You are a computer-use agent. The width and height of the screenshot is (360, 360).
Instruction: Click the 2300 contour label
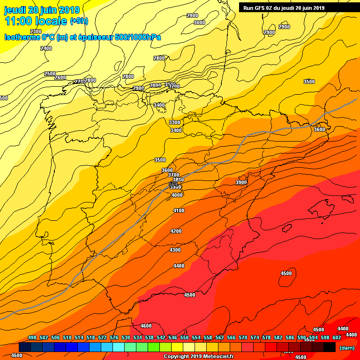[36, 31]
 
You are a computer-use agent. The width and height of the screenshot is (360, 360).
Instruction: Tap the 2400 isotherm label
[46, 48]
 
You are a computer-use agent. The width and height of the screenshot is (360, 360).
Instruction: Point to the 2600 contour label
[60, 77]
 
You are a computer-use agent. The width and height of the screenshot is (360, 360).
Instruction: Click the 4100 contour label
[179, 211]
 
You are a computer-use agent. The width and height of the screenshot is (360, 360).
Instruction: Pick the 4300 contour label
[175, 250]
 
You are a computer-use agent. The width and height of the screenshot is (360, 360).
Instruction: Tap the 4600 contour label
[146, 326]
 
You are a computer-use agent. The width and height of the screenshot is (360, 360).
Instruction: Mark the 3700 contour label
[173, 175]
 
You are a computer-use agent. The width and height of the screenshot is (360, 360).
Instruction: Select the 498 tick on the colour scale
[32, 337]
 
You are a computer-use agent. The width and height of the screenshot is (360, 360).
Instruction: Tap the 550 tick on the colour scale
[184, 337]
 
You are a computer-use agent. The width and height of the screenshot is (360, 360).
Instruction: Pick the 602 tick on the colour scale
[337, 337]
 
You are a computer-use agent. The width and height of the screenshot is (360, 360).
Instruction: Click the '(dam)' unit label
[347, 348]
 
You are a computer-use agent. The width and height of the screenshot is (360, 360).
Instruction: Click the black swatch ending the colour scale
[330, 347]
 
